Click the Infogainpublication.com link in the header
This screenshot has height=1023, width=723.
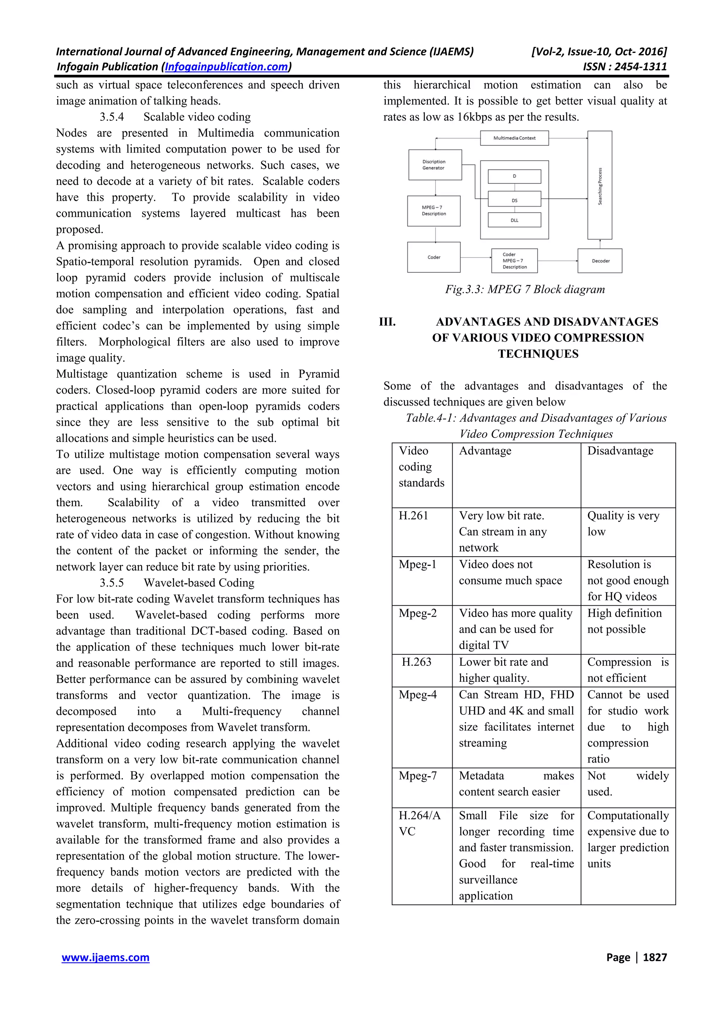(x=226, y=67)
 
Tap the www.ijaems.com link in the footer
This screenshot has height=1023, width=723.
(x=106, y=957)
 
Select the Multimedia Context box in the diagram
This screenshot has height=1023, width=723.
(x=514, y=138)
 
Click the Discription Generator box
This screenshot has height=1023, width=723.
(x=435, y=165)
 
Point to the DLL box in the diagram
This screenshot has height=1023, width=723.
(x=514, y=220)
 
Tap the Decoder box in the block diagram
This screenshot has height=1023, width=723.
(x=600, y=261)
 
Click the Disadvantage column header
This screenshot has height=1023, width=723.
(x=620, y=451)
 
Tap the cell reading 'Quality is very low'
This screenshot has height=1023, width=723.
(x=623, y=524)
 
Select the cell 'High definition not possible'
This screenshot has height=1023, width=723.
(x=624, y=621)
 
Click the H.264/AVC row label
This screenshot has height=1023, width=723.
(x=419, y=824)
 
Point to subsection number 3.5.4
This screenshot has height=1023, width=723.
(x=112, y=117)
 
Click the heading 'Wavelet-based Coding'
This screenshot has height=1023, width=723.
(x=199, y=583)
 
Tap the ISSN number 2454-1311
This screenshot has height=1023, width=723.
(x=640, y=67)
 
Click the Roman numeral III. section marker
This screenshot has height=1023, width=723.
(x=387, y=322)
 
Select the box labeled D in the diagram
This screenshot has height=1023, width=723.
(x=514, y=177)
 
